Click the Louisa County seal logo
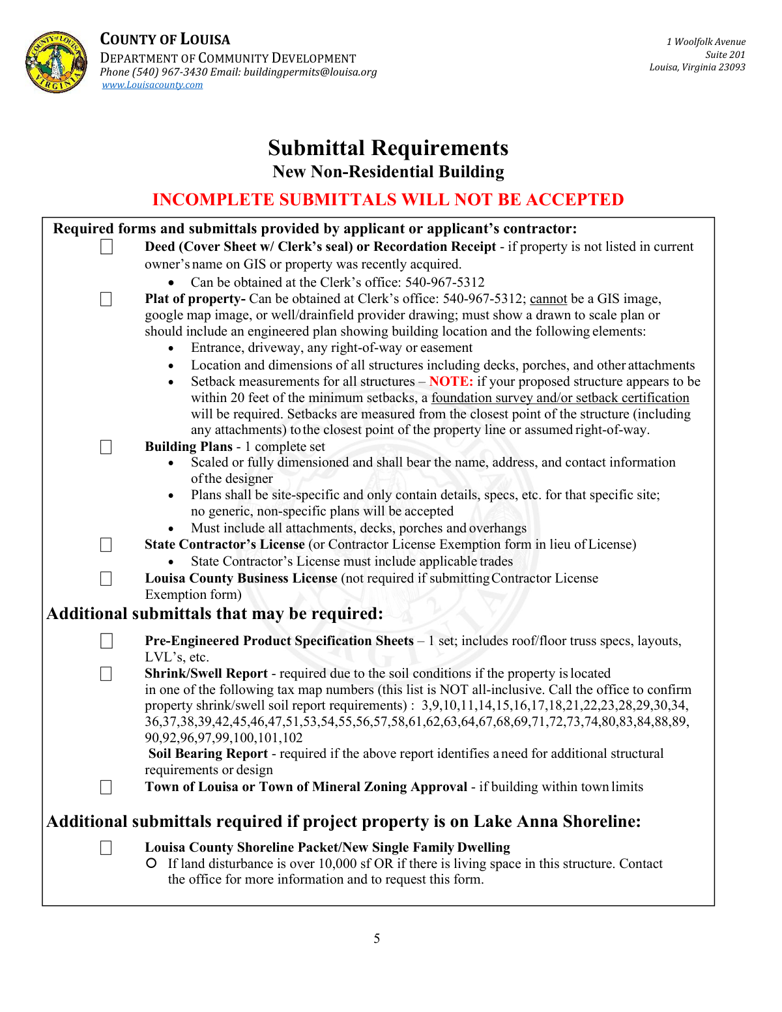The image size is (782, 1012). pyautogui.click(x=56, y=62)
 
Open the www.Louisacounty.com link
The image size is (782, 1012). pyautogui.click(x=152, y=85)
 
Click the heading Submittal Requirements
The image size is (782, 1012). pyautogui.click(x=388, y=148)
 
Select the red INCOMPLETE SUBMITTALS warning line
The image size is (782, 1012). pyautogui.click(x=388, y=199)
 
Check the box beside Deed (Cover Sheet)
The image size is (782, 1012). pyautogui.click(x=106, y=247)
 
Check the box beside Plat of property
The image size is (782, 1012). pyautogui.click(x=106, y=299)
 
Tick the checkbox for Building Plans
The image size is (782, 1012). pyautogui.click(x=106, y=447)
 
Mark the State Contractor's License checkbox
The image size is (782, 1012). pyautogui.click(x=106, y=545)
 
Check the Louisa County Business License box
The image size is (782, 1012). pyautogui.click(x=106, y=579)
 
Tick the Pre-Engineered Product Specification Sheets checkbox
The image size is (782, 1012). pyautogui.click(x=106, y=641)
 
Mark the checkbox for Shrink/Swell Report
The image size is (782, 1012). pyautogui.click(x=106, y=674)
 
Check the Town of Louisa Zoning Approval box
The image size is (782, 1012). pyautogui.click(x=106, y=787)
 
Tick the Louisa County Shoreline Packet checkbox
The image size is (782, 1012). pyautogui.click(x=106, y=848)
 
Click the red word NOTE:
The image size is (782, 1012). pyautogui.click(x=451, y=382)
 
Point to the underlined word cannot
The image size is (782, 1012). pyautogui.click(x=548, y=299)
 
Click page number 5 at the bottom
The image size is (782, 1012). pyautogui.click(x=377, y=938)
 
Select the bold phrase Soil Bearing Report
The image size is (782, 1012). pyautogui.click(x=208, y=754)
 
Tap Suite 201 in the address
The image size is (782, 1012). pyautogui.click(x=725, y=55)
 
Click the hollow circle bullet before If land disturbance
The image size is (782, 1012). pyautogui.click(x=151, y=863)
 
